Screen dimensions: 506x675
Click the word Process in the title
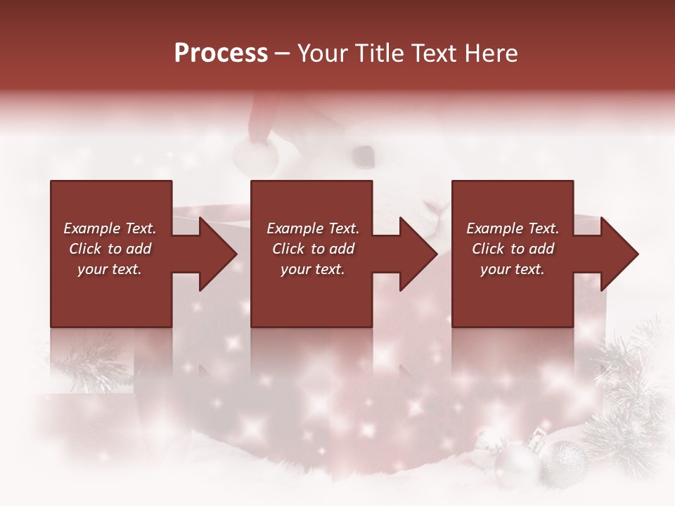click(x=221, y=53)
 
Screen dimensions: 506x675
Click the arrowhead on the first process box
click(x=218, y=254)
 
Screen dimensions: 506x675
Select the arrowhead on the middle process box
click(x=418, y=254)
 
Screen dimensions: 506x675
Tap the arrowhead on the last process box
click(x=619, y=254)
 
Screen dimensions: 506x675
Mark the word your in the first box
click(x=91, y=269)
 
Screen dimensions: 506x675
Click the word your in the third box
click(x=494, y=269)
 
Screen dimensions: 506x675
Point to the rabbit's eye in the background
click(x=363, y=153)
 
